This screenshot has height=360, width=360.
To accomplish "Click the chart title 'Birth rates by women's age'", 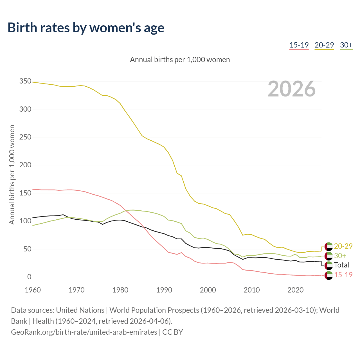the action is [86, 28].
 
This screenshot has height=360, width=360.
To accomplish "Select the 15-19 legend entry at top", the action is [299, 45].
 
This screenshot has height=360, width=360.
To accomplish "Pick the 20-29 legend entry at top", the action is [324, 45].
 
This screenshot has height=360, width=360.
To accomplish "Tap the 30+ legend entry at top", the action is [346, 45].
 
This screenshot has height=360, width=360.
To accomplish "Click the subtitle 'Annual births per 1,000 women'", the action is [180, 60].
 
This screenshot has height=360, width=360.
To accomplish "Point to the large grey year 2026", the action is [292, 89].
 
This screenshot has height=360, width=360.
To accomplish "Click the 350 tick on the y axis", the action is [25, 81].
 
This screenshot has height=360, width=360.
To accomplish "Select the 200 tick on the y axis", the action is [25, 165].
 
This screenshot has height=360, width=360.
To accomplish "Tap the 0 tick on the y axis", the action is [29, 277].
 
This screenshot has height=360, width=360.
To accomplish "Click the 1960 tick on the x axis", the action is [33, 290].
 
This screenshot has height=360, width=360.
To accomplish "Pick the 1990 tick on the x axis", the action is [164, 290].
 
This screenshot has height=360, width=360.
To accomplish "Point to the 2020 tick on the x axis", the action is [295, 290].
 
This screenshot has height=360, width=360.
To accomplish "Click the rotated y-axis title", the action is [12, 174].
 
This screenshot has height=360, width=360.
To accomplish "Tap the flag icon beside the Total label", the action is [328, 265].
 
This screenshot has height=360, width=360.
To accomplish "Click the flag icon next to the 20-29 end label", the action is [328, 246].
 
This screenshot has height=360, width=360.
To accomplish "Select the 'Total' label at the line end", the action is [341, 265].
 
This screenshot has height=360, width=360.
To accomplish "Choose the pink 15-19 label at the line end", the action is [343, 274].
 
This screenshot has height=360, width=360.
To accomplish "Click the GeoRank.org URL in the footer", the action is [84, 332].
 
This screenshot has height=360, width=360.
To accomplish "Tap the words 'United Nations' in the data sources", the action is [80, 310].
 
